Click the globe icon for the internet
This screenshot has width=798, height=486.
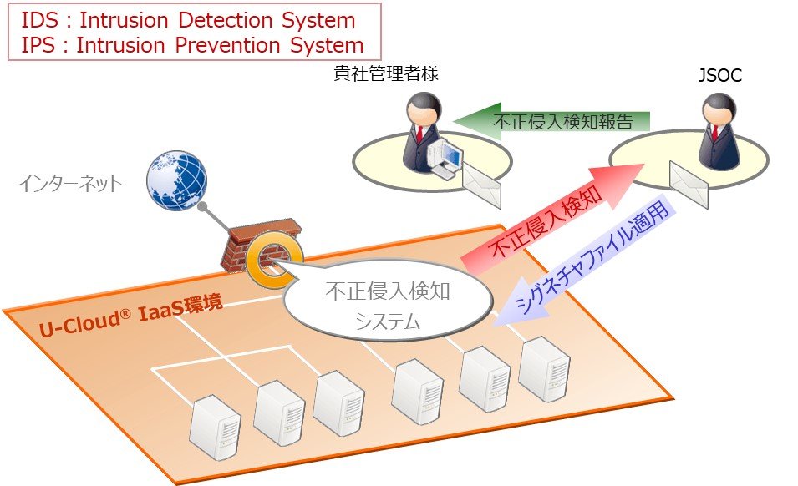[x=175, y=180]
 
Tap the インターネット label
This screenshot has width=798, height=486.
[x=70, y=184]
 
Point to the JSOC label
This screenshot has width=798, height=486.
[x=719, y=76]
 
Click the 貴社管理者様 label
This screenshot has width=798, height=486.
[x=385, y=74]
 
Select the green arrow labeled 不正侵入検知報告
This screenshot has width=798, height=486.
[x=551, y=121]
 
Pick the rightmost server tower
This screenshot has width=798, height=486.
[x=545, y=369]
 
